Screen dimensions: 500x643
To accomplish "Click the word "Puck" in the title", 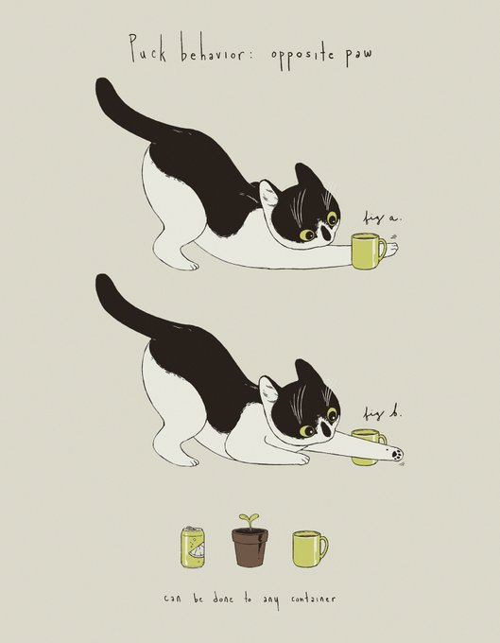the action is [148, 47].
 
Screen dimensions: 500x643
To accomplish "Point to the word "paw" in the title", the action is [358, 56].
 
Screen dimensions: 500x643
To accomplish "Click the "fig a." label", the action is [381, 217].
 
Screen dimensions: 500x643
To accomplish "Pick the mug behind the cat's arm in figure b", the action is [369, 447].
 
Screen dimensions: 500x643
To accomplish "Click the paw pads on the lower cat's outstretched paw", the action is [396, 455].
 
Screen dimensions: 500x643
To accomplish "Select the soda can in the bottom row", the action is [193, 547].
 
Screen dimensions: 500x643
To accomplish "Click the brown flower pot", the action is [250, 547].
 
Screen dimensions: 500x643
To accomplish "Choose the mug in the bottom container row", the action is [310, 548].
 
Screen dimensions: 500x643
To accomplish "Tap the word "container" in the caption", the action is [314, 600].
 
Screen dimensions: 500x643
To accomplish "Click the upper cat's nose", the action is [327, 233].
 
